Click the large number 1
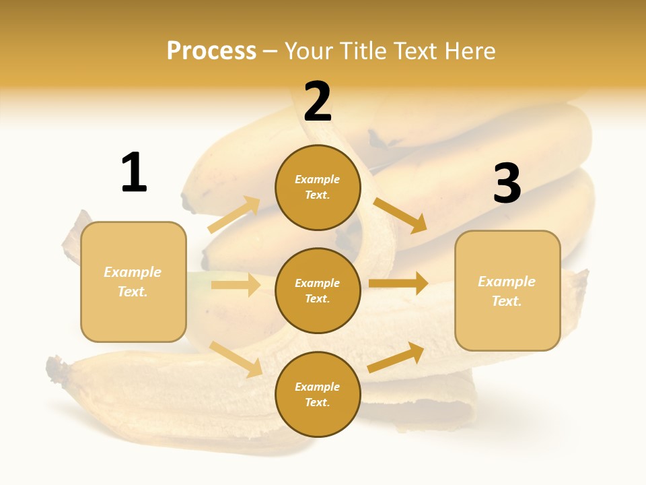134,172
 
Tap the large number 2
318,102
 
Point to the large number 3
507,183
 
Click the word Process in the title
211,51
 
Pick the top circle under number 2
318,187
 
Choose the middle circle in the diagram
318,290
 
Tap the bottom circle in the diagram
318,394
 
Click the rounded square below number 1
133,282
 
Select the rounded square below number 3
507,290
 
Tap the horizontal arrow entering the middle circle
236,285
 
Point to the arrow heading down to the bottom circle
236,358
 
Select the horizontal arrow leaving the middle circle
398,284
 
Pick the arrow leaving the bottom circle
396,357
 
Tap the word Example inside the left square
133,272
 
